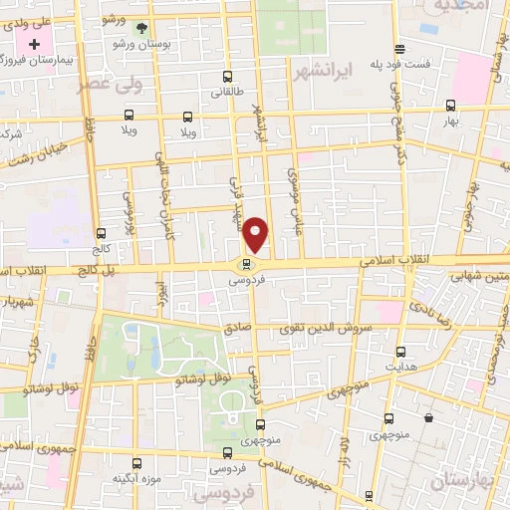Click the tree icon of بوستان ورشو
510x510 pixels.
coord(139,28)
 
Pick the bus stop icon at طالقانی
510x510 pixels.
coord(228,76)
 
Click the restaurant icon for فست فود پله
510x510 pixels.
coord(399,49)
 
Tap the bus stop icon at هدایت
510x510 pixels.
coord(400,352)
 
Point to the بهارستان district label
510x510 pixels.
coord(464,481)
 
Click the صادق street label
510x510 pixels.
coord(237,327)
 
